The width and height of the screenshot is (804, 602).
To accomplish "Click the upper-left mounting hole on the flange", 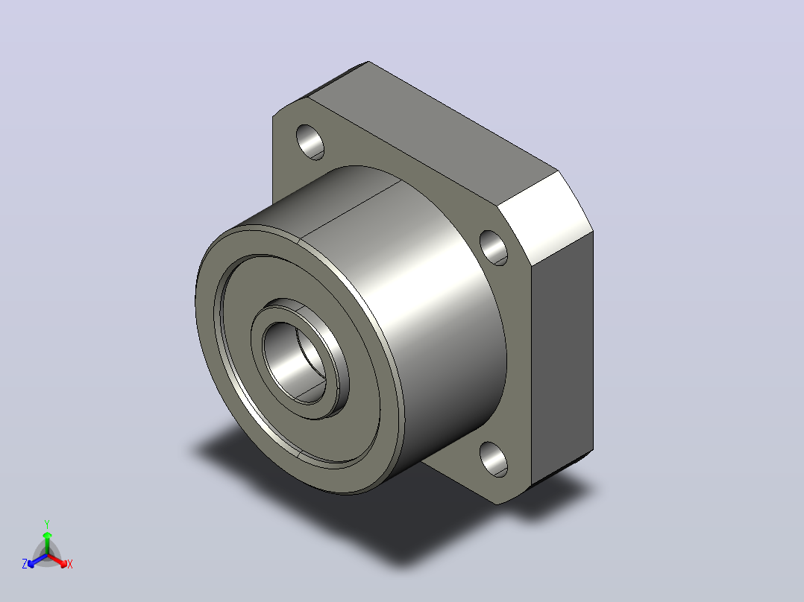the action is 310,142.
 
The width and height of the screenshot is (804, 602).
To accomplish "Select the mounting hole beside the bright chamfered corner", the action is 493,248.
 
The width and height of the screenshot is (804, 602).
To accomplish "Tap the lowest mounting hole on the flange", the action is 493,459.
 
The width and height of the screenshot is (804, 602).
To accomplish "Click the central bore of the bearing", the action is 294,361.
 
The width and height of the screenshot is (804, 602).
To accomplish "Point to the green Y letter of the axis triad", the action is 47,524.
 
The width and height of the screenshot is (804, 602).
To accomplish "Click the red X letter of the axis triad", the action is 70,564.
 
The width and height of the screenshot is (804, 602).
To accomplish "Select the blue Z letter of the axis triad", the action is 25,563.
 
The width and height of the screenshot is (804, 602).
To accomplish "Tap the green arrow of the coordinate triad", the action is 47,542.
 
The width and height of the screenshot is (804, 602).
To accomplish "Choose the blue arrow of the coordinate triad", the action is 37,560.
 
